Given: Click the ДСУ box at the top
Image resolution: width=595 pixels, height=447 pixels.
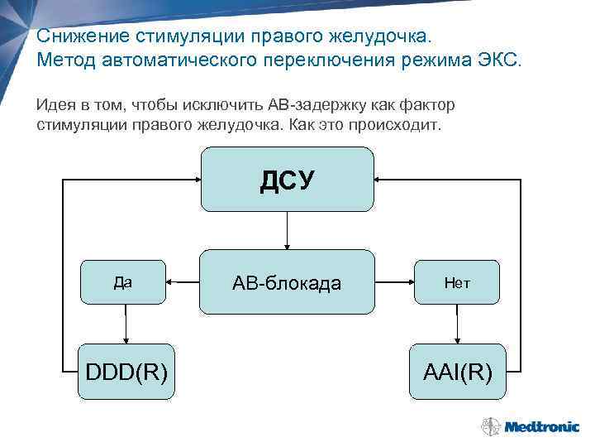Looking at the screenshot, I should pyautogui.click(x=287, y=180).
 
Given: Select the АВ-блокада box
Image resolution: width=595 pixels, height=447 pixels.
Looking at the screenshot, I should pyautogui.click(x=287, y=282).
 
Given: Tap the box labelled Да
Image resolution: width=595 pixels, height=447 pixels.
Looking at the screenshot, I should pyautogui.click(x=122, y=282).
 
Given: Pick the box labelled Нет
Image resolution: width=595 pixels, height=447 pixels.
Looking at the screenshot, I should pyautogui.click(x=457, y=282).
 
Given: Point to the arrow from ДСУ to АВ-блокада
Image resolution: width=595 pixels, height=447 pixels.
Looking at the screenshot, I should pyautogui.click(x=287, y=231).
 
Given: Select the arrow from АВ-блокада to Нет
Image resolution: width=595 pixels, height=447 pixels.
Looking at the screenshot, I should pyautogui.click(x=395, y=282).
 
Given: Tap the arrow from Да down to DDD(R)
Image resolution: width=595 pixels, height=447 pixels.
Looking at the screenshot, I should pyautogui.click(x=126, y=324).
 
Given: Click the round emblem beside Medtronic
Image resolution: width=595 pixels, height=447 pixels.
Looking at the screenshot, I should pyautogui.click(x=490, y=427).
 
